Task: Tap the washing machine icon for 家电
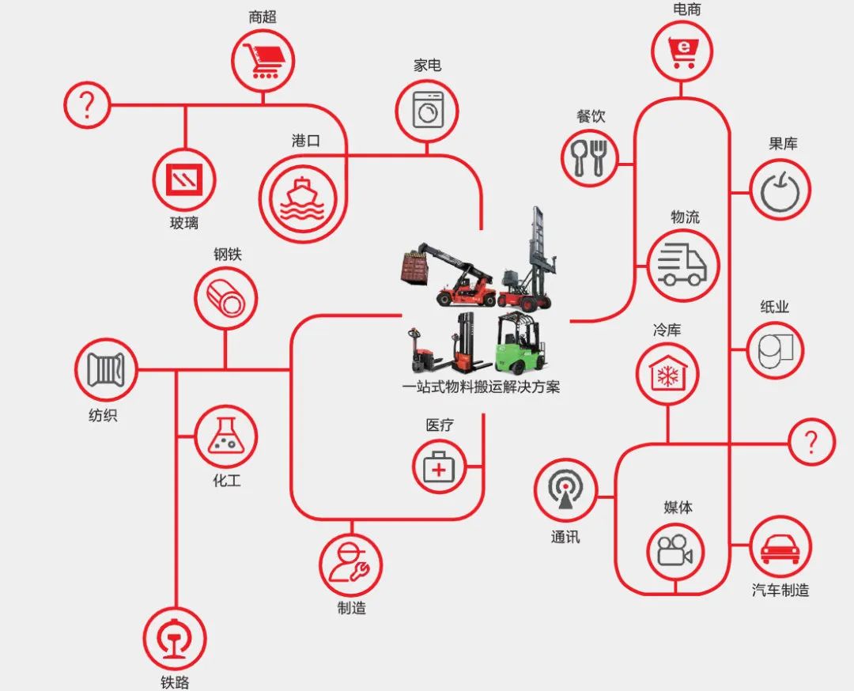[x=428, y=110]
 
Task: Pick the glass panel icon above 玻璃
[x=184, y=179]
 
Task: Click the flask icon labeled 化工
[x=225, y=437]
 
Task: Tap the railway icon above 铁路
[x=175, y=637]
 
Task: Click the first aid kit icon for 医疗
[x=440, y=466]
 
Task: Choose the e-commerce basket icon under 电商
[x=682, y=51]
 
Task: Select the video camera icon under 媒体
[x=675, y=550]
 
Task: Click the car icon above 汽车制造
[x=780, y=546]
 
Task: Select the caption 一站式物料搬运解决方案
[x=481, y=387]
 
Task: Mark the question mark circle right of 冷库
[x=811, y=442]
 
